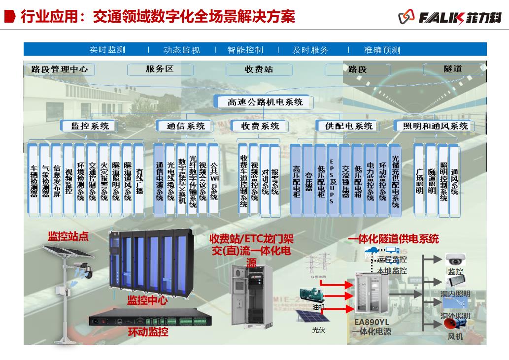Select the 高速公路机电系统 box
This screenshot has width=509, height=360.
(x=265, y=102)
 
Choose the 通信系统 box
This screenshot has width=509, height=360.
(x=185, y=126)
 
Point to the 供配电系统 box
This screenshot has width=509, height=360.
(x=348, y=126)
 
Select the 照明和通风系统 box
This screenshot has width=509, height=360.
(x=436, y=126)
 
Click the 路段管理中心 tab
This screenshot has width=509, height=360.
(x=59, y=69)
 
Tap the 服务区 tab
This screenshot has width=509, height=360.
(x=160, y=69)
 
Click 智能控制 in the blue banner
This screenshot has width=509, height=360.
(x=245, y=50)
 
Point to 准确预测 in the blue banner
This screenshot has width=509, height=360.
(x=382, y=50)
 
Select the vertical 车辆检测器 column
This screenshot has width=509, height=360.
(x=34, y=180)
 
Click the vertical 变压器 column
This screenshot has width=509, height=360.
(x=308, y=180)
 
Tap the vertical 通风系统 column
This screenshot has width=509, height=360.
(x=454, y=180)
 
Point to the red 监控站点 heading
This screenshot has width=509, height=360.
(x=68, y=236)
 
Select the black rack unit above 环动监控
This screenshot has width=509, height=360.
(x=147, y=320)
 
